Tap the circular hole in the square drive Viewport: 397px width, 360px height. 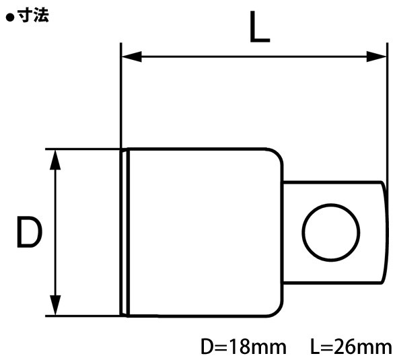[x=330, y=232]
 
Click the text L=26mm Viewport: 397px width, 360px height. [x=351, y=347]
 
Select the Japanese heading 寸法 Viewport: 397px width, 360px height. [x=33, y=16]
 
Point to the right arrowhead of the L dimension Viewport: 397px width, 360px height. [x=380, y=57]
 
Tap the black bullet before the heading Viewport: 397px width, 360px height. [x=9, y=17]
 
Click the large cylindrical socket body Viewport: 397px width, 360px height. [x=202, y=232]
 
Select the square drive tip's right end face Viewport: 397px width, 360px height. [x=384, y=232]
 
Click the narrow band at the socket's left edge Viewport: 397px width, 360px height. [x=124, y=232]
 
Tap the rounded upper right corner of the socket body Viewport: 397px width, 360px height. [x=275, y=156]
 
